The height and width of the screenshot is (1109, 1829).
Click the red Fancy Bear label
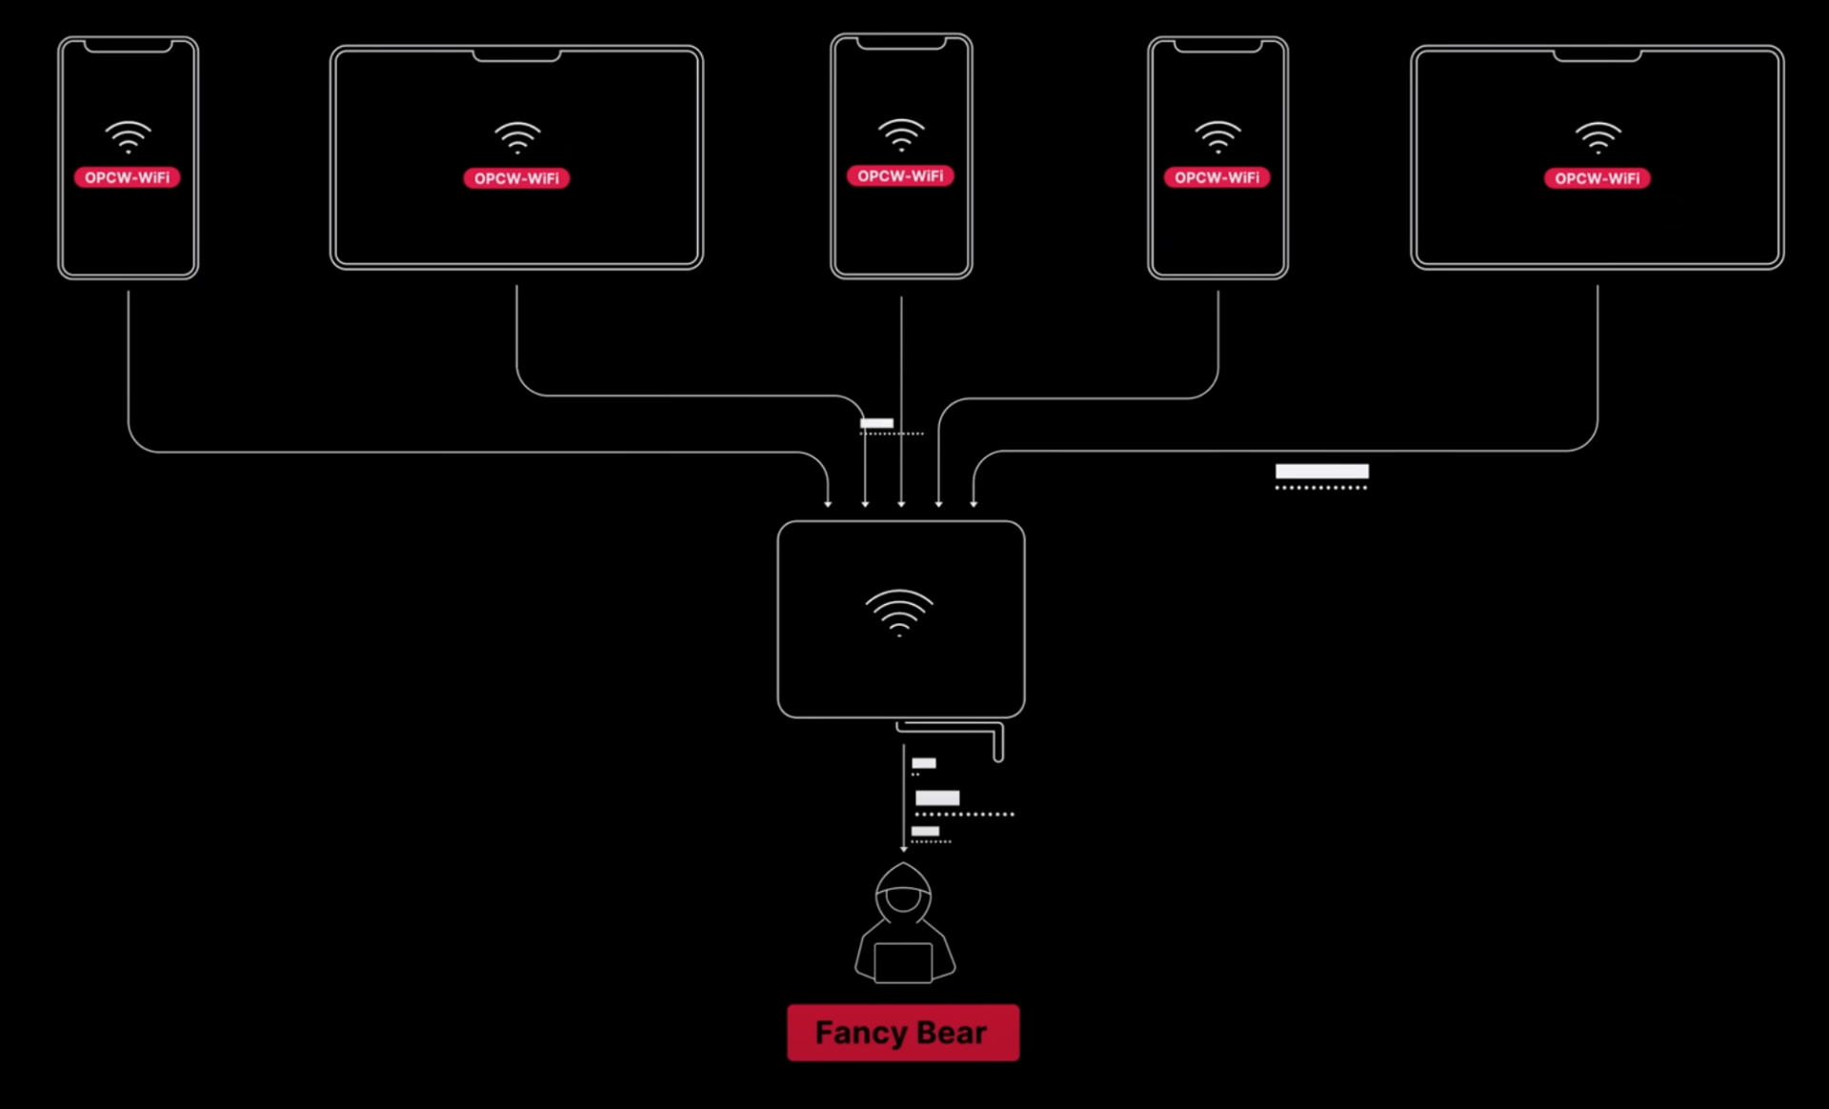(x=902, y=1033)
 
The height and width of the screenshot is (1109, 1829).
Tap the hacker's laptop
(x=903, y=962)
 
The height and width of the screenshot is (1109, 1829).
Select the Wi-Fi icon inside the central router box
(x=899, y=613)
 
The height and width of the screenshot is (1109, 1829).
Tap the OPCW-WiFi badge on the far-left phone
(x=127, y=177)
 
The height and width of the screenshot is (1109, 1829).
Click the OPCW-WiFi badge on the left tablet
(x=516, y=178)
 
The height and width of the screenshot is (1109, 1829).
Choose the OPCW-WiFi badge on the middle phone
(x=900, y=176)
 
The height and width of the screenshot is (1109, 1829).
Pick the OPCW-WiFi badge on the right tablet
(x=1597, y=178)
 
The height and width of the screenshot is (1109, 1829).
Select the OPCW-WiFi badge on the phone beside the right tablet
(x=1216, y=177)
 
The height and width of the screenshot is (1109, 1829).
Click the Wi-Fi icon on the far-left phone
(x=128, y=137)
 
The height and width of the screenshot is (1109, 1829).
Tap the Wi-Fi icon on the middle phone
(x=901, y=135)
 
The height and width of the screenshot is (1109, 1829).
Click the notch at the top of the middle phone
(x=901, y=44)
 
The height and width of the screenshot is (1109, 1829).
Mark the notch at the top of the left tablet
(x=516, y=56)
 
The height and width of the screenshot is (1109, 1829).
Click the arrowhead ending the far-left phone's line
(x=828, y=503)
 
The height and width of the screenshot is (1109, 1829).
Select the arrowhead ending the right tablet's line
(x=974, y=503)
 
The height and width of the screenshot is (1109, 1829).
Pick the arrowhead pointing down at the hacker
(x=904, y=848)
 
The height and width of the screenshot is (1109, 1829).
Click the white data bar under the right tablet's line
(x=1321, y=471)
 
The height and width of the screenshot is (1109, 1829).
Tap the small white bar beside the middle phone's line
(x=876, y=423)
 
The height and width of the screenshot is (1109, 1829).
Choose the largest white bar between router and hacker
(x=937, y=798)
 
